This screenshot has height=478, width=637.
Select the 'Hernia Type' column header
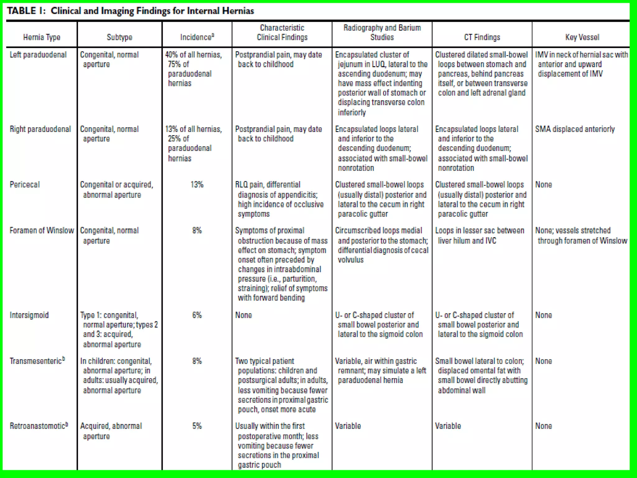[x=42, y=37]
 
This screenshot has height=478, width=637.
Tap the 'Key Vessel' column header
[x=582, y=37]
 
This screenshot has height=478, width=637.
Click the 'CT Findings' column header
[x=482, y=37]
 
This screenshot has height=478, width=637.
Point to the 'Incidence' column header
[x=197, y=37]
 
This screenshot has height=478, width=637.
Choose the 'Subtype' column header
[x=119, y=37]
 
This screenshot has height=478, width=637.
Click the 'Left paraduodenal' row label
[x=38, y=55]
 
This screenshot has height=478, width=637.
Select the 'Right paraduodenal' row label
[x=40, y=129]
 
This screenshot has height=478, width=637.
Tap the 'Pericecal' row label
[x=25, y=185]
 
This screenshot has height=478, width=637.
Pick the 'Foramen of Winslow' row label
[x=42, y=231]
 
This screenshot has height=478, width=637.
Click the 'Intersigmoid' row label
[x=29, y=315]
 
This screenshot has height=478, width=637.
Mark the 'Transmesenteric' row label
[x=37, y=361]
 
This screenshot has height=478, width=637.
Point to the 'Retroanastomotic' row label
[x=39, y=426]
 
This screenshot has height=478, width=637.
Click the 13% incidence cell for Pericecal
[x=197, y=185]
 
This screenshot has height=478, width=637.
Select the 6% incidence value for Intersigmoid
[x=197, y=315]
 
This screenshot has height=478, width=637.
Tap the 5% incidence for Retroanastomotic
[x=197, y=426]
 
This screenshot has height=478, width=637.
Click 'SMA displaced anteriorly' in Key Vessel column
[x=575, y=129]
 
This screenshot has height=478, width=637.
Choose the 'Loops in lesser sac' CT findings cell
[x=479, y=236]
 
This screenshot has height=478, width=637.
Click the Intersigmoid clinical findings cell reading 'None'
[x=244, y=315]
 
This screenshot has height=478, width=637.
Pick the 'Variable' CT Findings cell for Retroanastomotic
[x=448, y=426]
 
